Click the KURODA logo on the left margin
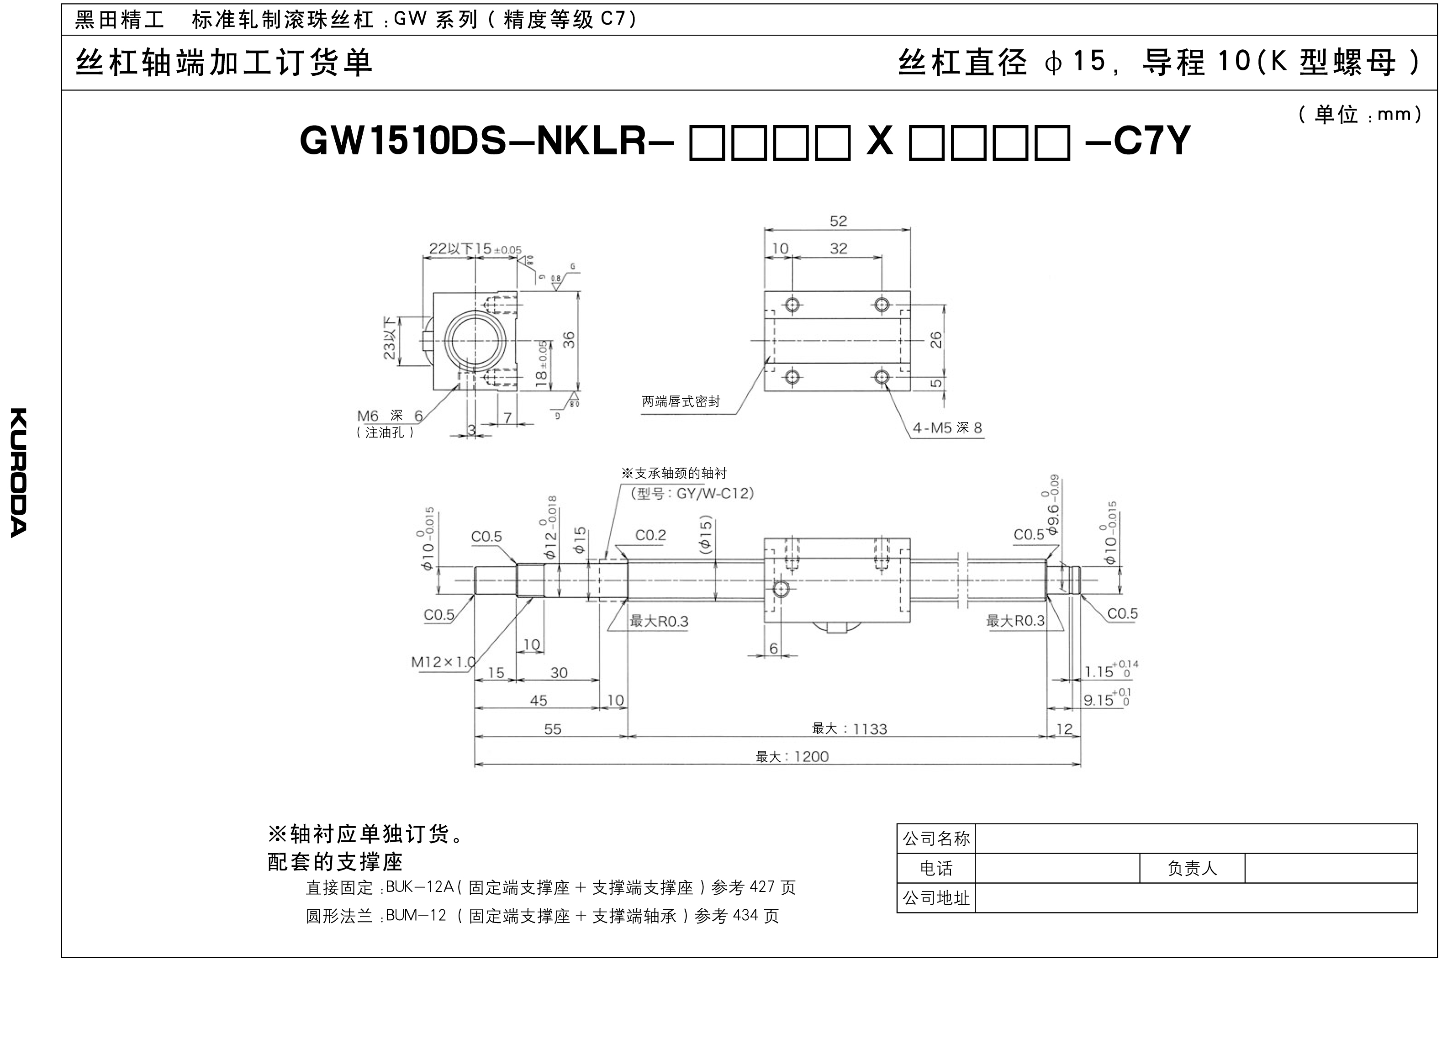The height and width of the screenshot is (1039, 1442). (x=19, y=472)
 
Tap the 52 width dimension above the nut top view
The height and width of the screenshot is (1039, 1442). (x=838, y=222)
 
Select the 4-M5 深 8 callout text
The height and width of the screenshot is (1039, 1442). (x=947, y=428)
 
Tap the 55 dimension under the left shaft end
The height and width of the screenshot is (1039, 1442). (x=553, y=729)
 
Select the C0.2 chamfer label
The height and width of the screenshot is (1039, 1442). (x=650, y=535)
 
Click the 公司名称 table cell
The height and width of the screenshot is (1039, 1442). (x=936, y=839)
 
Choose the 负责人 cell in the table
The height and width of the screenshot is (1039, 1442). (x=1192, y=869)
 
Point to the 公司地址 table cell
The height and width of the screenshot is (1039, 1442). (x=936, y=898)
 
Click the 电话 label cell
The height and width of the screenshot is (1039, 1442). (x=936, y=869)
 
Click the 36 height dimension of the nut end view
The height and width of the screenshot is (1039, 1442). (x=569, y=340)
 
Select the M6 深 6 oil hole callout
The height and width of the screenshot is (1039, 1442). (x=389, y=416)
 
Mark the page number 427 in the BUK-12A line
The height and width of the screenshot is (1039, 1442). (x=762, y=887)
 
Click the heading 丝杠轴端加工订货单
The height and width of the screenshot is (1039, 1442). (x=224, y=63)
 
